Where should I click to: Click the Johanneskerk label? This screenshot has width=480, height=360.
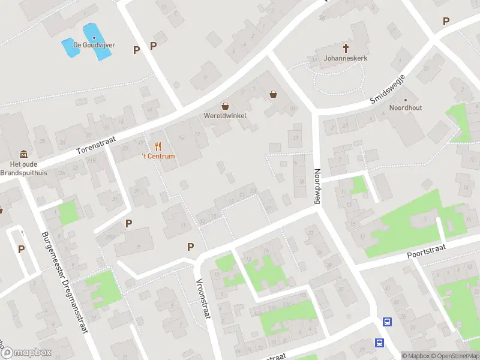(346, 59)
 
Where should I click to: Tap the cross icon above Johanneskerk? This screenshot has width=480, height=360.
(346, 47)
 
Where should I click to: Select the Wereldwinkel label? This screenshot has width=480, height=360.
(225, 115)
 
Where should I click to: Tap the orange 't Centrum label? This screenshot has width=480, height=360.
(158, 157)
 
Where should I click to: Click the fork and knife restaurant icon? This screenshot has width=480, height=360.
(158, 146)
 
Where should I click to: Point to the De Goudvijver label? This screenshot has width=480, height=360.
(94, 45)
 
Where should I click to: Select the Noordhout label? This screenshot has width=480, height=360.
(406, 108)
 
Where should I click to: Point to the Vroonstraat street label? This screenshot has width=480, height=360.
(202, 299)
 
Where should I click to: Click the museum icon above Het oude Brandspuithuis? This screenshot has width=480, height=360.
(23, 154)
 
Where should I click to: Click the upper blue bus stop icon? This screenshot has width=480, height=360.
(388, 322)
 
